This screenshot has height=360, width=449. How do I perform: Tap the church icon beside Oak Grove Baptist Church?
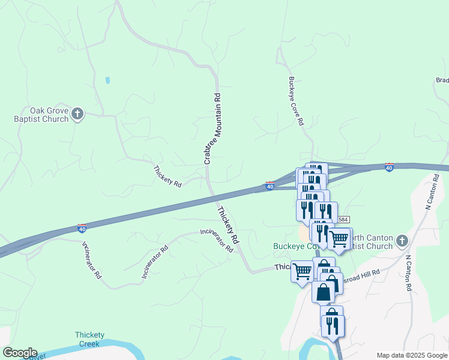(77, 113)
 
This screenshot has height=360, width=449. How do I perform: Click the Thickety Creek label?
(89, 340)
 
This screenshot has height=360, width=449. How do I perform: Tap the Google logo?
(20, 353)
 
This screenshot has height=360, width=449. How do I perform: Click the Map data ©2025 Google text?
(413, 355)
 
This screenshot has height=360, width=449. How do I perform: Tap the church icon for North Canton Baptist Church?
(402, 241)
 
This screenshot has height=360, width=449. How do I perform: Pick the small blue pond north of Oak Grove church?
(107, 80)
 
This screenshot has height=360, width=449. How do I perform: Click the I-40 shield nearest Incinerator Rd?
(82, 228)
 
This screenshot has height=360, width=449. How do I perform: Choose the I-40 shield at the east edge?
(389, 167)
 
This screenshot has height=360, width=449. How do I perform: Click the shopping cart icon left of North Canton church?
(339, 239)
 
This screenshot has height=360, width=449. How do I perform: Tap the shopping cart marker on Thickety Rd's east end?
(302, 271)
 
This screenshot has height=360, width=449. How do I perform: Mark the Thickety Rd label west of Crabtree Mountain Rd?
(167, 176)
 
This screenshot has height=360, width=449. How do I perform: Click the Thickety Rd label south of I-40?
(229, 224)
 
